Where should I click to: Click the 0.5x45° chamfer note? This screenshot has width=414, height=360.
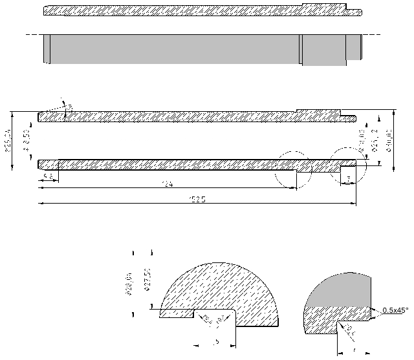(x=396, y=310)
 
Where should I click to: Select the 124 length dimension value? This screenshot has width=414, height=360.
(x=168, y=185)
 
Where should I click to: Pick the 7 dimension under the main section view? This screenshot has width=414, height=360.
(x=349, y=178)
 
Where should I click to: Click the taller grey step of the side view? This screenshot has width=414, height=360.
(x=323, y=49)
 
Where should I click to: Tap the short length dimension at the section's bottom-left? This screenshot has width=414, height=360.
(x=48, y=176)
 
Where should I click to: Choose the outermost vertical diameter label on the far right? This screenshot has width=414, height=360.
(x=389, y=141)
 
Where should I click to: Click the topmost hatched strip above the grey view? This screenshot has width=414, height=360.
(x=194, y=11)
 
